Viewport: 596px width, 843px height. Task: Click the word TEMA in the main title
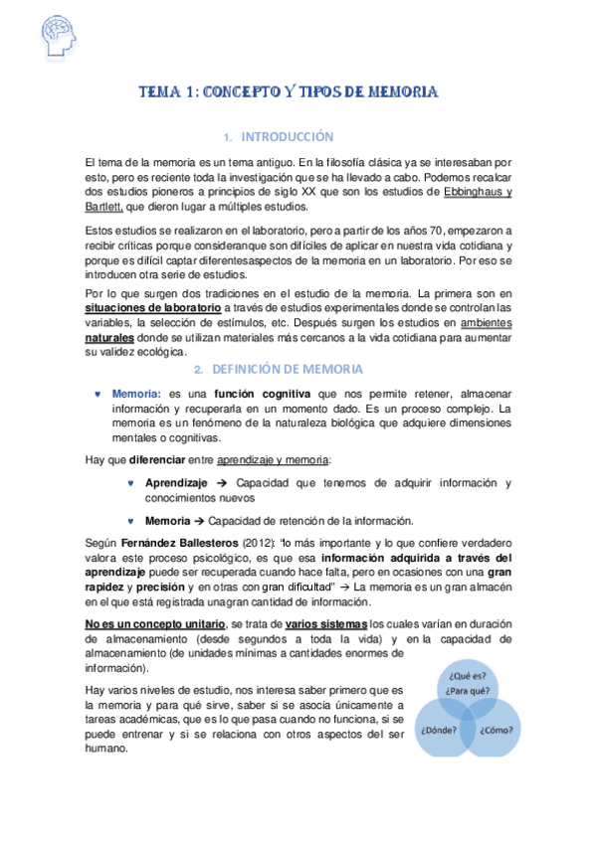point(158,92)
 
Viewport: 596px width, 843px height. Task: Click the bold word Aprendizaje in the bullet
point(176,483)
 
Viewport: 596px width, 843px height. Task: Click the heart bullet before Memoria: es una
point(97,395)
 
